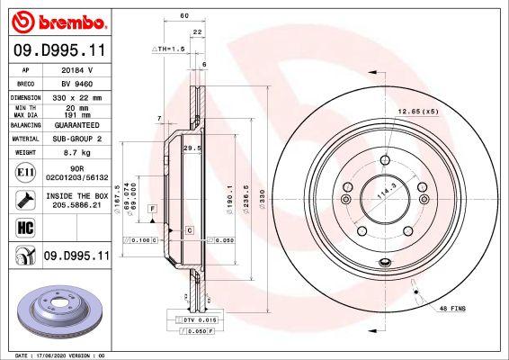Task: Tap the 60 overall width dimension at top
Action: pos(183,17)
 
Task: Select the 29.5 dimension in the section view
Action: pos(190,148)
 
